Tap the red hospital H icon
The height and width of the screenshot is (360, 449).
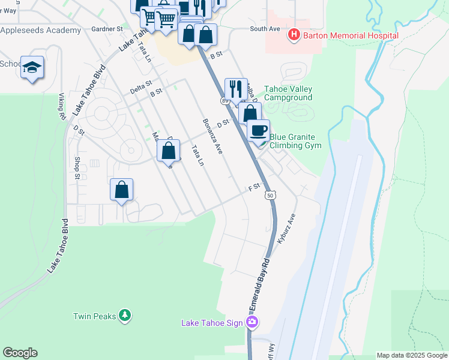pos(294,35)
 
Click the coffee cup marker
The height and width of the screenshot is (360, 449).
pos(259,131)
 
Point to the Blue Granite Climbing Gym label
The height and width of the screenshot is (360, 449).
pos(296,141)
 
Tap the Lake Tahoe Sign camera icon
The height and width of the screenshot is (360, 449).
pos(252,323)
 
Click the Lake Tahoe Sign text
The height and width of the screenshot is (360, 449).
pos(213,323)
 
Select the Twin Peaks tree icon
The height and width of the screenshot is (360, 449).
pos(124,315)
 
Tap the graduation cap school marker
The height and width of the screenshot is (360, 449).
pos(32,68)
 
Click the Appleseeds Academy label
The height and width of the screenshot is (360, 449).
pos(40,30)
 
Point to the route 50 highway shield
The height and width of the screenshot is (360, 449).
pos(270,195)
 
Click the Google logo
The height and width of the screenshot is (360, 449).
pos(20,353)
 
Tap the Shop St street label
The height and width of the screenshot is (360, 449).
pos(77,167)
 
